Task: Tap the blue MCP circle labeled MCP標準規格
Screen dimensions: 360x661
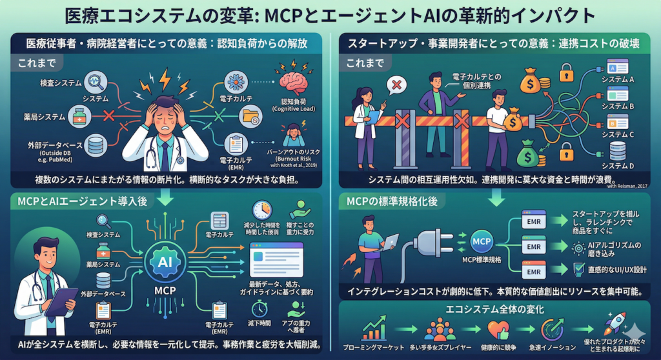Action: pos(482,243)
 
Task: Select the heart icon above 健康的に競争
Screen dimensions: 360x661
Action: pos(497,328)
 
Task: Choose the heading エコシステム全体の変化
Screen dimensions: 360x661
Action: pos(495,308)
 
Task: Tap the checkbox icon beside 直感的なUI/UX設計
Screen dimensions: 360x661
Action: pos(562,269)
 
